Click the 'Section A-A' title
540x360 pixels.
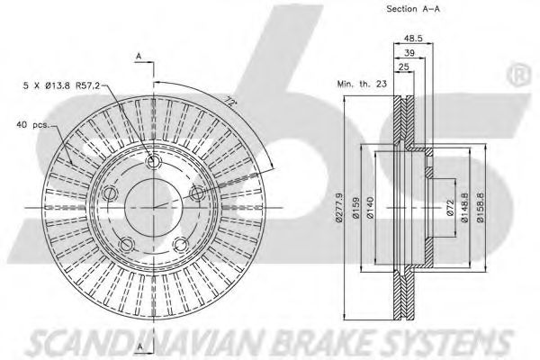click(x=413, y=9)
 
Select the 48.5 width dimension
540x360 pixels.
click(x=413, y=38)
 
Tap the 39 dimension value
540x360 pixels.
click(x=409, y=53)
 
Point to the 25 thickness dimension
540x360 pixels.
click(x=403, y=67)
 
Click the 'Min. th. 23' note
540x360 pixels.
click(x=362, y=84)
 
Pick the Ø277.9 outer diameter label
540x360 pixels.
click(x=339, y=207)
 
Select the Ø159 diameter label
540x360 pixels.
click(x=356, y=207)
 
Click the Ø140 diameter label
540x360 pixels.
click(x=370, y=207)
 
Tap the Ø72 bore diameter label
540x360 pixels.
click(x=451, y=209)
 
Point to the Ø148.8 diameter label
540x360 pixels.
click(x=465, y=207)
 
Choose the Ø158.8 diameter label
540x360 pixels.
click(x=481, y=207)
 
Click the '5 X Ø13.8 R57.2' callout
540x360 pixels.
click(x=61, y=85)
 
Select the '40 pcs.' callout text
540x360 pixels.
click(x=32, y=125)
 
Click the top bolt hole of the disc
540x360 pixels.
click(x=153, y=161)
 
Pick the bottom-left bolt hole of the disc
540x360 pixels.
click(x=127, y=245)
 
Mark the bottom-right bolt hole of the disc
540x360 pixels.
click(x=181, y=244)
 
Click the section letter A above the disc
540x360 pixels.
click(x=139, y=57)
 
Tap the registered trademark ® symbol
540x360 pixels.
click(x=518, y=75)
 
